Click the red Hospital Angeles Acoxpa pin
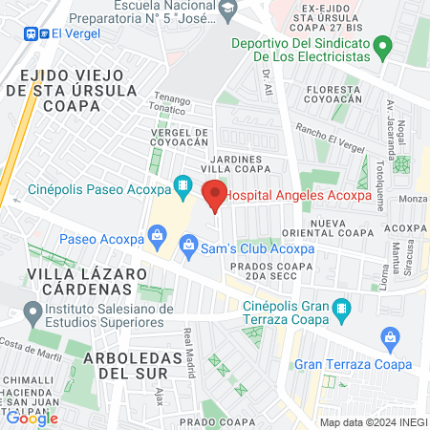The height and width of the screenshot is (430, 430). click(215, 194)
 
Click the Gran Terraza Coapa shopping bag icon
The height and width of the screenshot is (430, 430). click(388, 337)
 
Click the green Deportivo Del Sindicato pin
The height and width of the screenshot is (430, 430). click(382, 45)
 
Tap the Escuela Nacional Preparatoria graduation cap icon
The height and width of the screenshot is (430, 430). click(227, 11)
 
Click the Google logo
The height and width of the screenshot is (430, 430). click(32, 417)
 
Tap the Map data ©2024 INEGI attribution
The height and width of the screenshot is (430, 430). click(373, 422)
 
